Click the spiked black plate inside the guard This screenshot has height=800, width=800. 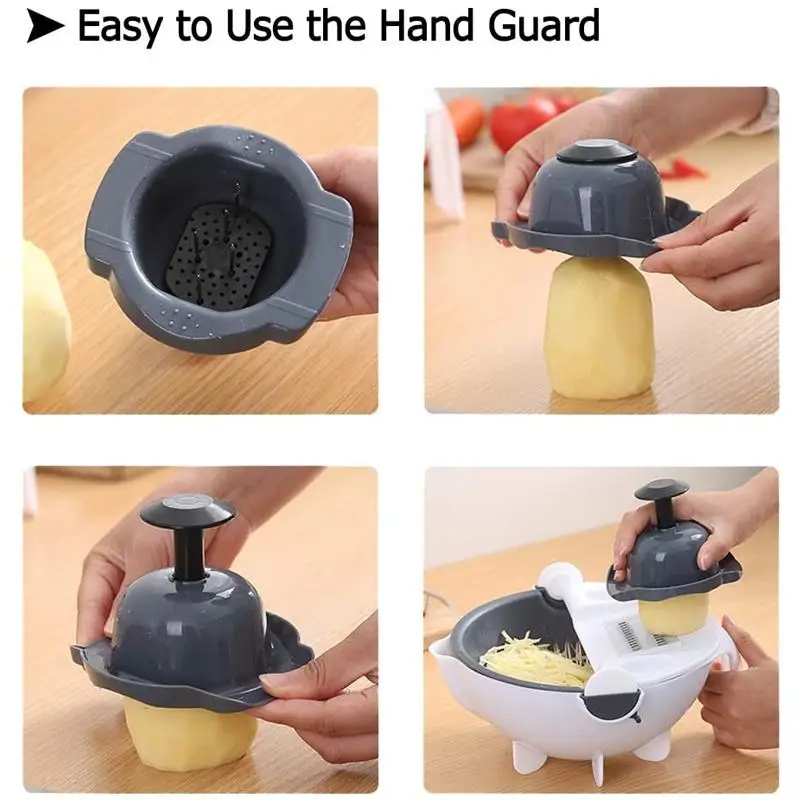pos(214,253)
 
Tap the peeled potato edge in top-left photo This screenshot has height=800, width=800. pos(44,320)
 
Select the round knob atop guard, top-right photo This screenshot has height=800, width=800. pos(597,153)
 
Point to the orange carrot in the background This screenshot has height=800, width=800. pos(466,118)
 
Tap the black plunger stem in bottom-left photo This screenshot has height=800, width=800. pos(187,555)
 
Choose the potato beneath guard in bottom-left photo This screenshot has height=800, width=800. pos(190,735)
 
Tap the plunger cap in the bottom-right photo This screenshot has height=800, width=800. pos(661,491)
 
